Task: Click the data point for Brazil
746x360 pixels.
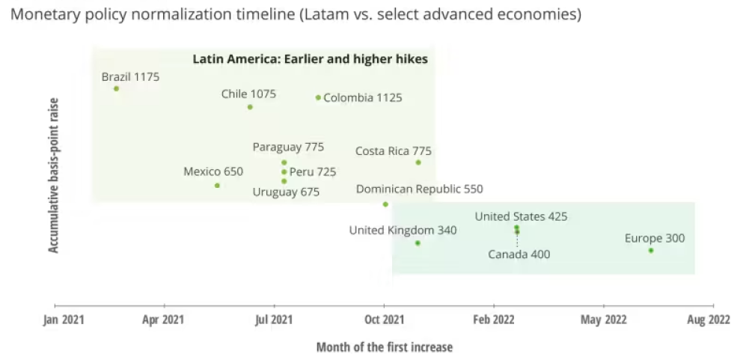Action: [116, 88]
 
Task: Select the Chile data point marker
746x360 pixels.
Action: [250, 107]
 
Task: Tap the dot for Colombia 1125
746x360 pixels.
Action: [318, 97]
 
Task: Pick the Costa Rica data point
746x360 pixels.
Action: [418, 162]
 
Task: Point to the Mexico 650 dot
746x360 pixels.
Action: [217, 186]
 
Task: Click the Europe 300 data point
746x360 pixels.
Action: [651, 251]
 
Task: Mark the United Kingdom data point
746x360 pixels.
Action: [418, 243]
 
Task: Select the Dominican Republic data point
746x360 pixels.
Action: [385, 204]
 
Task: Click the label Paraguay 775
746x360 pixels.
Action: [288, 147]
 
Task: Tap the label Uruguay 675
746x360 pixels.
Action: [286, 192]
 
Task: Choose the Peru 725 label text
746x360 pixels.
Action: [313, 172]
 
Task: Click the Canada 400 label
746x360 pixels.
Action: [519, 254]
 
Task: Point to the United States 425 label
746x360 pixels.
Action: [521, 217]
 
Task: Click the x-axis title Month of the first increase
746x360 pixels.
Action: [384, 347]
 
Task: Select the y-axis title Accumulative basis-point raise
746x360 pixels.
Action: [54, 174]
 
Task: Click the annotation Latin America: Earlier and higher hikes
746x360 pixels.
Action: [310, 59]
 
